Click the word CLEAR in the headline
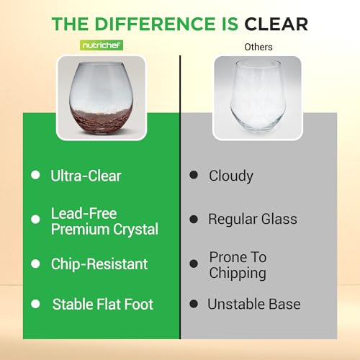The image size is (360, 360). click(276, 24)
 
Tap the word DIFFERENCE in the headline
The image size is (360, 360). click(155, 24)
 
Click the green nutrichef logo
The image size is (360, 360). click(102, 45)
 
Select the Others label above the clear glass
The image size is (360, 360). click(258, 47)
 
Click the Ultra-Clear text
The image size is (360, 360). click(86, 176)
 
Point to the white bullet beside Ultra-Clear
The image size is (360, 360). click(35, 175)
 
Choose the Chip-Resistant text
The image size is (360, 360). click(99, 264)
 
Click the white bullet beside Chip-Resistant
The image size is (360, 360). click(35, 264)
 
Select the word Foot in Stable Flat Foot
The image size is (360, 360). click(138, 304)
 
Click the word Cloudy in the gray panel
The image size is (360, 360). click(231, 176)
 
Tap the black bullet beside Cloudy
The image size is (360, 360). click(194, 175)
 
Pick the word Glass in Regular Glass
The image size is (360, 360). click(279, 219)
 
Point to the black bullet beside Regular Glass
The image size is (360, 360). click(194, 219)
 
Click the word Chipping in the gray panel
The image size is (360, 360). click(238, 274)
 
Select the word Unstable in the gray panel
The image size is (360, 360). click(236, 304)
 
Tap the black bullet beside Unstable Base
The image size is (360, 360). click(194, 304)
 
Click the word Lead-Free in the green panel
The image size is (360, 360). click(84, 213)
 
